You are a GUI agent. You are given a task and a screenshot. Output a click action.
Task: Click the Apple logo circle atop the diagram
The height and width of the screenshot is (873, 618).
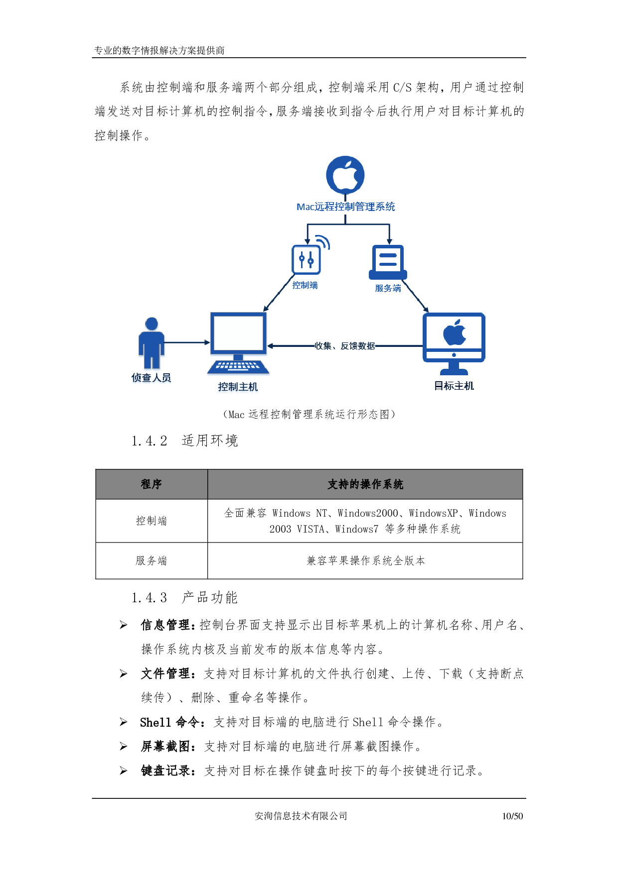pos(345,175)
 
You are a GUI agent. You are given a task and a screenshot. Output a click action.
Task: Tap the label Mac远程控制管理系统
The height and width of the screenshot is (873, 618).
pos(345,207)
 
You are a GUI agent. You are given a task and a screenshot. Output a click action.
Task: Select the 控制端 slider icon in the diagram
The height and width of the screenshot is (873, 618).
pos(307,259)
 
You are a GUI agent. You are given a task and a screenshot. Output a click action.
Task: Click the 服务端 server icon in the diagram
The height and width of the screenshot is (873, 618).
pos(388,262)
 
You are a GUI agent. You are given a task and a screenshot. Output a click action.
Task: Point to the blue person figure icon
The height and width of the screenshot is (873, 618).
pos(151,342)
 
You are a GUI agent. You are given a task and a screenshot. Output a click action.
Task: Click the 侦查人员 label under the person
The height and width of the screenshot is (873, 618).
pos(151,378)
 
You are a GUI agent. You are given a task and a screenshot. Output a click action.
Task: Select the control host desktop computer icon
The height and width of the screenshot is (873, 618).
pos(238,343)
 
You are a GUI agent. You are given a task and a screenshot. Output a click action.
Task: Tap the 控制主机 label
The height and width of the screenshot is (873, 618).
pos(238,387)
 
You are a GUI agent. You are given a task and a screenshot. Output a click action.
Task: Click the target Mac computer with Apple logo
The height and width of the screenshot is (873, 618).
pos(454,343)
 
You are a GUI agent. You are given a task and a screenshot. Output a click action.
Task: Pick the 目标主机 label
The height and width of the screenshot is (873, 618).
pos(454,386)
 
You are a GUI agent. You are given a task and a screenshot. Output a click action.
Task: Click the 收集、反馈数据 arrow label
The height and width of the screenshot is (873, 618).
pos(345,346)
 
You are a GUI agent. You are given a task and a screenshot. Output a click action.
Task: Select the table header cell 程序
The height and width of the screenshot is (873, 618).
pos(151,484)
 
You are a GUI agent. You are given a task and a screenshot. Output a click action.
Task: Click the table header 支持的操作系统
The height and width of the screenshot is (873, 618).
pos(365,484)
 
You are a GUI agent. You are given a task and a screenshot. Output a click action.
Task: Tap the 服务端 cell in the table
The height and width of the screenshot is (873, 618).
pos(151,561)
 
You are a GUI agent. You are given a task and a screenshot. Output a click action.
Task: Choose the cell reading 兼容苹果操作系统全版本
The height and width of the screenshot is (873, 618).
pos(365,561)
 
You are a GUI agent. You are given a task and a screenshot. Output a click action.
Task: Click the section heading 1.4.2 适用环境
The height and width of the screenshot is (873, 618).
pos(184,440)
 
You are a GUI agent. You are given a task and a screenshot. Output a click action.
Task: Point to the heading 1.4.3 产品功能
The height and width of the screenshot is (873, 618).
pos(184,597)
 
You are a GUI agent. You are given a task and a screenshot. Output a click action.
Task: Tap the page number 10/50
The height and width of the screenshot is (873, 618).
pos(512,816)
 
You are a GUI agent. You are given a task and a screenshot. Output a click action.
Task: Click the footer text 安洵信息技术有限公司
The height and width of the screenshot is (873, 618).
pos(301,816)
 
